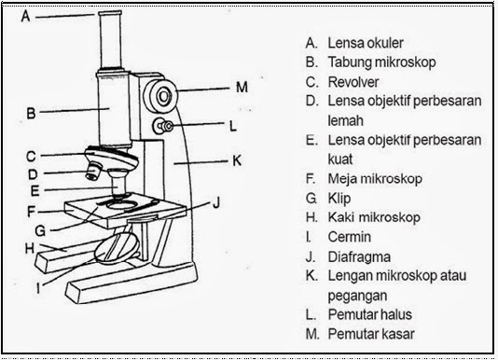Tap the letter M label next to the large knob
242,88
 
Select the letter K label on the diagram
236,160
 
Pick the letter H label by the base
29,248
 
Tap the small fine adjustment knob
166,126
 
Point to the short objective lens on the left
92,171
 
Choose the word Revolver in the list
352,81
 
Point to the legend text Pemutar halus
367,314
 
